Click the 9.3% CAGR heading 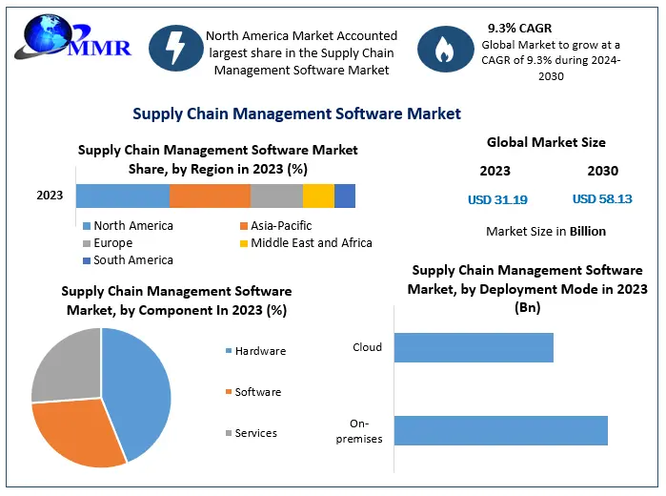point(521,28)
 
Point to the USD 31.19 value point(497,199)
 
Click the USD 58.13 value point(601,199)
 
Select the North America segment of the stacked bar point(123,196)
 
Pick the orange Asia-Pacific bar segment point(210,196)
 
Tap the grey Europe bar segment point(276,196)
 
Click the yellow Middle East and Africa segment point(318,196)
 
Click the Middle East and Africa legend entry point(304,243)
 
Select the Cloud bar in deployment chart point(474,348)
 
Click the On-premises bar point(500,430)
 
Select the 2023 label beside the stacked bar point(50,196)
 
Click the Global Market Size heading point(546,143)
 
